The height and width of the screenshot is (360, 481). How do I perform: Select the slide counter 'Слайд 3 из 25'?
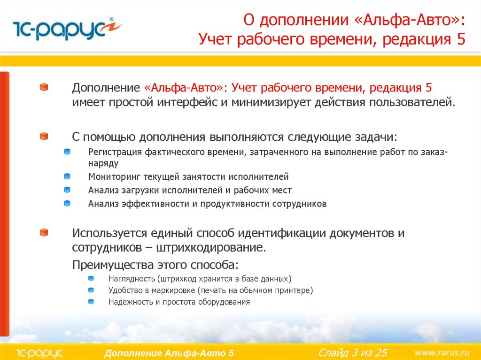click(x=353, y=352)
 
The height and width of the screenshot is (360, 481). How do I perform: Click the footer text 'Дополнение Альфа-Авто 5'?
click(x=169, y=353)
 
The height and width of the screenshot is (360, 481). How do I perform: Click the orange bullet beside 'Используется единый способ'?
click(x=44, y=232)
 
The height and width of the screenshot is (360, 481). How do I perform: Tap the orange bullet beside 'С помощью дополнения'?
click(x=44, y=136)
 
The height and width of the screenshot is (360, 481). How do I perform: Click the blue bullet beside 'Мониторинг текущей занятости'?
click(x=67, y=176)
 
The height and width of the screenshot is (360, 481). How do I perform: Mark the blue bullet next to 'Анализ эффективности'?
click(x=67, y=204)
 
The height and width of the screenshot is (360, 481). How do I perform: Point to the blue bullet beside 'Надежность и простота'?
click(x=91, y=302)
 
